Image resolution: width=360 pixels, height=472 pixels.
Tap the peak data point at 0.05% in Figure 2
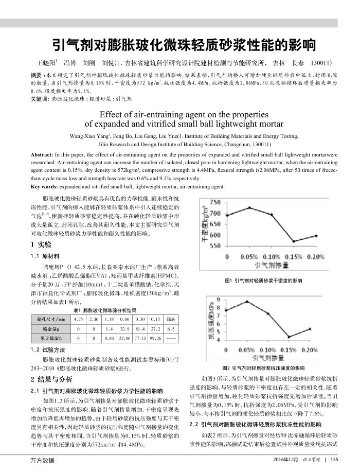point(247,301)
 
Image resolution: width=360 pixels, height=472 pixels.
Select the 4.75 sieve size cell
point(79,319)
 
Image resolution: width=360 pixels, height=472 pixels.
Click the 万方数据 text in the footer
point(45,460)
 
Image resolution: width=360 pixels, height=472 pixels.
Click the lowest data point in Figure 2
point(290,337)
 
